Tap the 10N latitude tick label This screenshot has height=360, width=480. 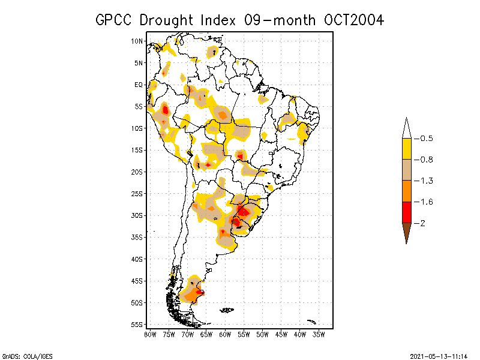[137, 41]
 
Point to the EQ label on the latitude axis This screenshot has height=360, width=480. [139, 85]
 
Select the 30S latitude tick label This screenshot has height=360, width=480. [137, 215]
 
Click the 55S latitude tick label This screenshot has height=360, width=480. [137, 325]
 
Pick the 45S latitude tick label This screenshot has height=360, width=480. [137, 281]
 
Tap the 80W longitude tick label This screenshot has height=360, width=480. [150, 334]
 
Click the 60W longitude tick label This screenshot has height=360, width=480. [225, 334]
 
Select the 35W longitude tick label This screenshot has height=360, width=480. [319, 334]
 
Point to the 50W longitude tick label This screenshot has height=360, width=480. [263, 334]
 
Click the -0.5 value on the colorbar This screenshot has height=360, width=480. [425, 139]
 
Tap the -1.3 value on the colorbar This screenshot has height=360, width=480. [425, 181]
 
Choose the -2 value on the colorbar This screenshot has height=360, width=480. [422, 223]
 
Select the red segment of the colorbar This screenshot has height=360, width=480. [406, 212]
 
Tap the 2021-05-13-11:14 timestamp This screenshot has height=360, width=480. [439, 356]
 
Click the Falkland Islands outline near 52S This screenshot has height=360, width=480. [226, 310]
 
